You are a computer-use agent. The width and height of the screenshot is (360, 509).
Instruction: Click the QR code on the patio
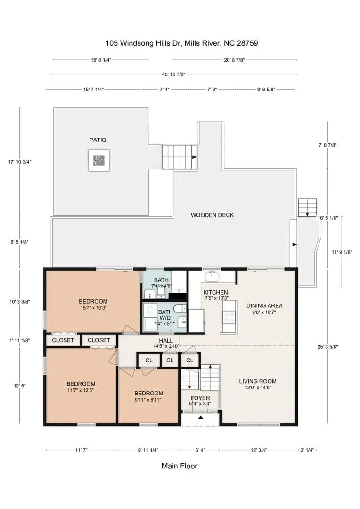tap(99, 160)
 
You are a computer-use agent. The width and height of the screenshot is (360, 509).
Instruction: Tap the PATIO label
tap(98, 140)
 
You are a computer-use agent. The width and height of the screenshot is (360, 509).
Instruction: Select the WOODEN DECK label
tap(213, 215)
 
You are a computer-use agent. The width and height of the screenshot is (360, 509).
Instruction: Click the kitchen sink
tap(213, 277)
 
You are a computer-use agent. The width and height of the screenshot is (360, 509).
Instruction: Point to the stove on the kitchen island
tap(229, 317)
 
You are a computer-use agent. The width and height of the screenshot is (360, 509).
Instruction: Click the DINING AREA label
tap(264, 305)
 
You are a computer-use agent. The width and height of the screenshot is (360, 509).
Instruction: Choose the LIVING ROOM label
tap(258, 381)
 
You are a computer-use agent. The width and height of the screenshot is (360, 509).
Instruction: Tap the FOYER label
tap(200, 398)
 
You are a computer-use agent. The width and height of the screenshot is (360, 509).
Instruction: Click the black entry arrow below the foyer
tap(201, 417)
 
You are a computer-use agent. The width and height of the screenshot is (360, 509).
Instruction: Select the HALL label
tap(166, 341)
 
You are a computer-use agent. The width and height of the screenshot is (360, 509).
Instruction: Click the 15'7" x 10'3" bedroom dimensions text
tap(93, 308)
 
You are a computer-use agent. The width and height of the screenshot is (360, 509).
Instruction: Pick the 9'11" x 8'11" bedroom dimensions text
tap(148, 400)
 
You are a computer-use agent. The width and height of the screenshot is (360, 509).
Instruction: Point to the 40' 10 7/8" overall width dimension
tap(174, 74)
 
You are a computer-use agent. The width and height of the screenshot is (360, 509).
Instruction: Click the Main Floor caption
tap(180, 466)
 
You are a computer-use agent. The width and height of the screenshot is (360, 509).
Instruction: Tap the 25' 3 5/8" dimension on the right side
tap(328, 347)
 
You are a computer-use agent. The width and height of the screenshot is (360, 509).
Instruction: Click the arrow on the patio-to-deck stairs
tap(195, 157)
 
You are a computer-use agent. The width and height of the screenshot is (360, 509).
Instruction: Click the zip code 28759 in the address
tap(247, 43)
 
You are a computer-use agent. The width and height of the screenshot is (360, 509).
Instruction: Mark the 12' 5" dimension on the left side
tap(19, 386)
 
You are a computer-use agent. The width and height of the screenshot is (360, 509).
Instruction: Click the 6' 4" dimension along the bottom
tap(200, 450)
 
